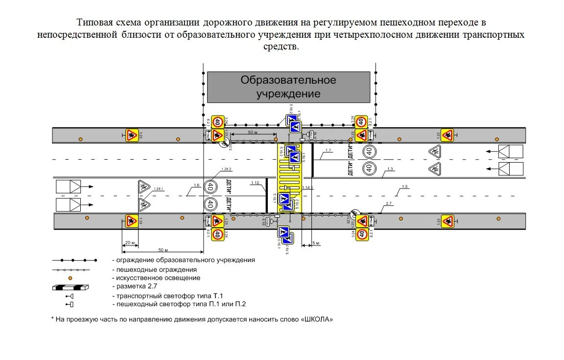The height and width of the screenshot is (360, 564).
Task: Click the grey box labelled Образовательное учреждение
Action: pyautogui.click(x=288, y=86)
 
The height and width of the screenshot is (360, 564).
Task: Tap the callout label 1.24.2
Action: pyautogui.click(x=226, y=169)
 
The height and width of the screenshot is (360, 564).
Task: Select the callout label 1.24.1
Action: pyautogui.click(x=158, y=189)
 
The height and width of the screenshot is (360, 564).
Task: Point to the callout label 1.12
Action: pyautogui.click(x=255, y=183)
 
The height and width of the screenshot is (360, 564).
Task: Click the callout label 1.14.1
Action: pyautogui.click(x=307, y=188)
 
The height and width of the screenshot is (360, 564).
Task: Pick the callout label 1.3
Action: pyautogui.click(x=390, y=169)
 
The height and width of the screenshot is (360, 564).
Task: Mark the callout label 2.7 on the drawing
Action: pyautogui.click(x=389, y=203)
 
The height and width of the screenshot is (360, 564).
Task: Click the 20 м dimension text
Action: pyautogui.click(x=130, y=242)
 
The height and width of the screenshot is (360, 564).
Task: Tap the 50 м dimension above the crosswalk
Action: pyautogui.click(x=253, y=133)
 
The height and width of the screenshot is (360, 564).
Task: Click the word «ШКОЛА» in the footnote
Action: pyautogui.click(x=318, y=319)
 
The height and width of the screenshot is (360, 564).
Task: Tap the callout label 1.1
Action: pyautogui.click(x=328, y=150)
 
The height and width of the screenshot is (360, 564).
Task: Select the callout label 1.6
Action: pyautogui.click(x=196, y=185)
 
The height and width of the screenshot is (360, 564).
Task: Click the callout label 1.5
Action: pyautogui.click(x=404, y=187)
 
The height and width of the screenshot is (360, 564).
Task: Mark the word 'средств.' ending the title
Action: pyautogui.click(x=281, y=47)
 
